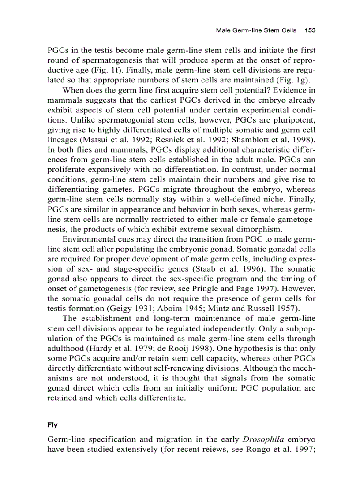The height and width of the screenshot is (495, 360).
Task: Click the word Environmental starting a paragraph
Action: click(87, 239)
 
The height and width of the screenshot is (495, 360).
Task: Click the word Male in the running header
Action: click(223, 31)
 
